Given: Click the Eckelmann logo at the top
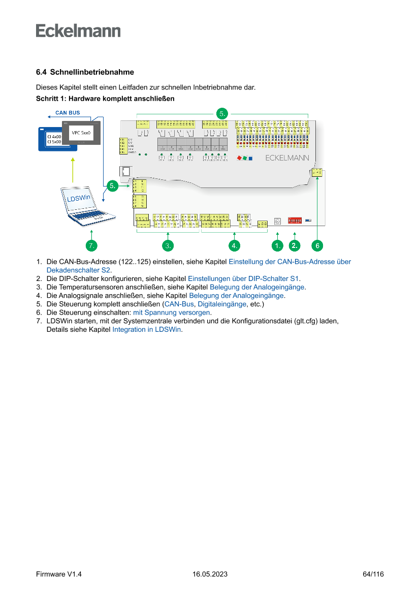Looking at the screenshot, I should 78,30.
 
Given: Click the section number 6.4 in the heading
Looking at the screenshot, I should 41,72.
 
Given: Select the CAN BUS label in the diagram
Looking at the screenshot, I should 67,113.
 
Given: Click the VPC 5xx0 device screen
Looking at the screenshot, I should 81,133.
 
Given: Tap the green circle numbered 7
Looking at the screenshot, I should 91,245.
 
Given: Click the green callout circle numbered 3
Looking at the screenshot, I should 168,245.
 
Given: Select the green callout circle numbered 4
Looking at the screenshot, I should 234,245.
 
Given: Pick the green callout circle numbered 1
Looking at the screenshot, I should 277,245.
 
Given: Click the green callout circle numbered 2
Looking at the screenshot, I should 295,245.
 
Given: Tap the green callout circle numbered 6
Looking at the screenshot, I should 317,245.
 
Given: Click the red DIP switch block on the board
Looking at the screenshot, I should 295,221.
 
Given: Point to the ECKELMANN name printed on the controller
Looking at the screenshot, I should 287,158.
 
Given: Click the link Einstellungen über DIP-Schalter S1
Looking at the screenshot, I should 244,278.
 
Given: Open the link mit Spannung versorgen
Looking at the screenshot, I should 171,312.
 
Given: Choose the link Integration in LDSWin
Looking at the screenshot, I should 146,329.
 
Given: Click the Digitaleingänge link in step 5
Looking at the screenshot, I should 222,304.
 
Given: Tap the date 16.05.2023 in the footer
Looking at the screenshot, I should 210,574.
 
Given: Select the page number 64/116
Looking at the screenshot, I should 373,574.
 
